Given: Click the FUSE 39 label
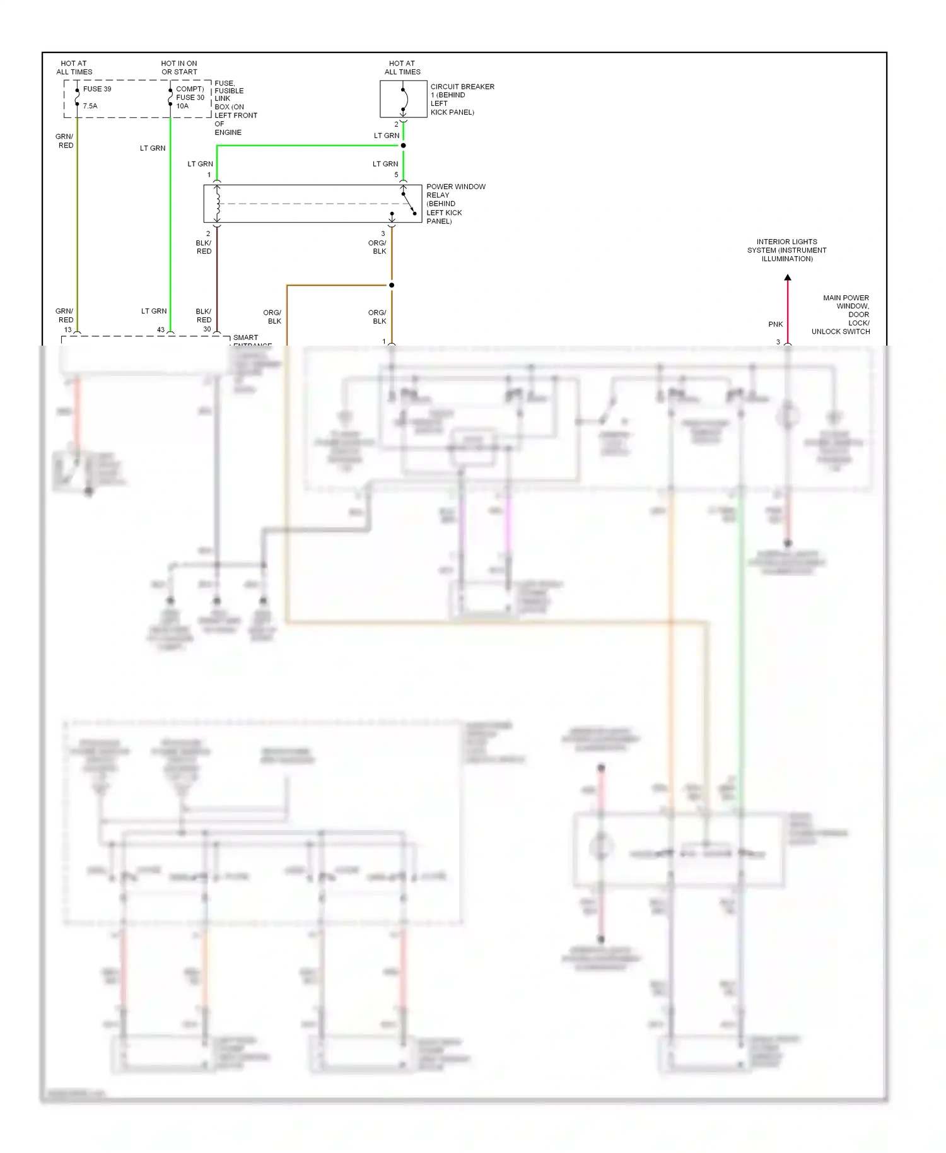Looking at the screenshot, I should click(96, 89).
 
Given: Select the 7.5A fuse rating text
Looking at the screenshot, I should click(90, 106).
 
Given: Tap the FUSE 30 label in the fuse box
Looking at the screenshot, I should click(190, 97).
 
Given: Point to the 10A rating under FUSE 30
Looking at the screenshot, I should click(182, 106).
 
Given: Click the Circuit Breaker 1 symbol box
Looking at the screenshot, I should click(403, 99).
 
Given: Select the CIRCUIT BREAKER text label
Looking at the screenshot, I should click(462, 87).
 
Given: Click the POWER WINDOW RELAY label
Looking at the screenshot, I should click(455, 190).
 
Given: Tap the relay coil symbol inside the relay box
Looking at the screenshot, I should click(218, 203).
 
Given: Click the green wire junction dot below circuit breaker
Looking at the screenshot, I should click(403, 146).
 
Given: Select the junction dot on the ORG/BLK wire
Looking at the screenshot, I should click(392, 285).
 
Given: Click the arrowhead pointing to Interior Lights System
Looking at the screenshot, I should click(787, 278).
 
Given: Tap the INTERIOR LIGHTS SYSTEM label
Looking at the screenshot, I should click(786, 250).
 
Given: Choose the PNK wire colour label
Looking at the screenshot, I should click(775, 324).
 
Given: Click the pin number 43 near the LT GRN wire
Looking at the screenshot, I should click(161, 330).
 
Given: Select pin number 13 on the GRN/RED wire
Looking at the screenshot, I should click(68, 330).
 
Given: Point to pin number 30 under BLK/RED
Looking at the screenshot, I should click(207, 329).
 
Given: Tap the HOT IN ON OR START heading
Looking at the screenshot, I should click(179, 67).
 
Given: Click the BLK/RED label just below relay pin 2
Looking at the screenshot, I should click(204, 247).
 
